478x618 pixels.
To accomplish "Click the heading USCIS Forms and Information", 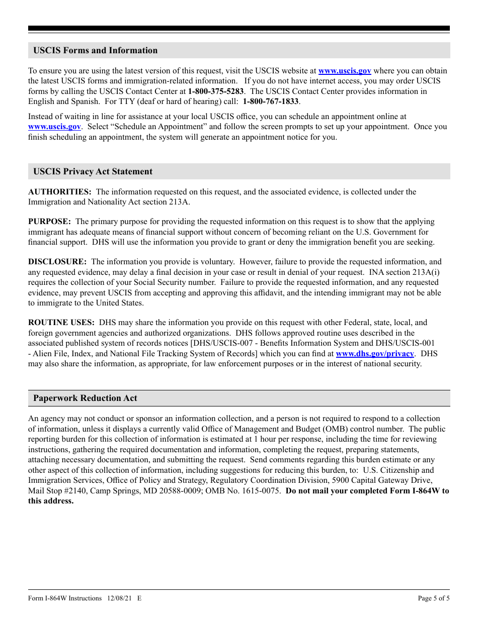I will point(95,50).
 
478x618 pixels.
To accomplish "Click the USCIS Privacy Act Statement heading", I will point(93,171).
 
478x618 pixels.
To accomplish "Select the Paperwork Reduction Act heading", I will point(85,398).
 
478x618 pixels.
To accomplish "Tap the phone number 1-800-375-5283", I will point(215,91).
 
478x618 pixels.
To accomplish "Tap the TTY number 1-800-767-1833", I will point(271,101).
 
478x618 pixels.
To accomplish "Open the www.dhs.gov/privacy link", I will point(374,354).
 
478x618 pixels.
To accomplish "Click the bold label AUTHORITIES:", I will point(59,191).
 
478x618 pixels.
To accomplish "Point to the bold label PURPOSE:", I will point(49,222).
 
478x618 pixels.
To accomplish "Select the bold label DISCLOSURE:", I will point(57,262).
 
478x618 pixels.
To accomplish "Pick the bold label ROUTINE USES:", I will point(61,323).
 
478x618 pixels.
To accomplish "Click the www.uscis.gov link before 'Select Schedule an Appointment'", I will point(54,127).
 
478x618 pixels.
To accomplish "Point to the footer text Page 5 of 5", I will point(434,598).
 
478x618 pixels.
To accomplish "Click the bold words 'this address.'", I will point(51,501).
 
